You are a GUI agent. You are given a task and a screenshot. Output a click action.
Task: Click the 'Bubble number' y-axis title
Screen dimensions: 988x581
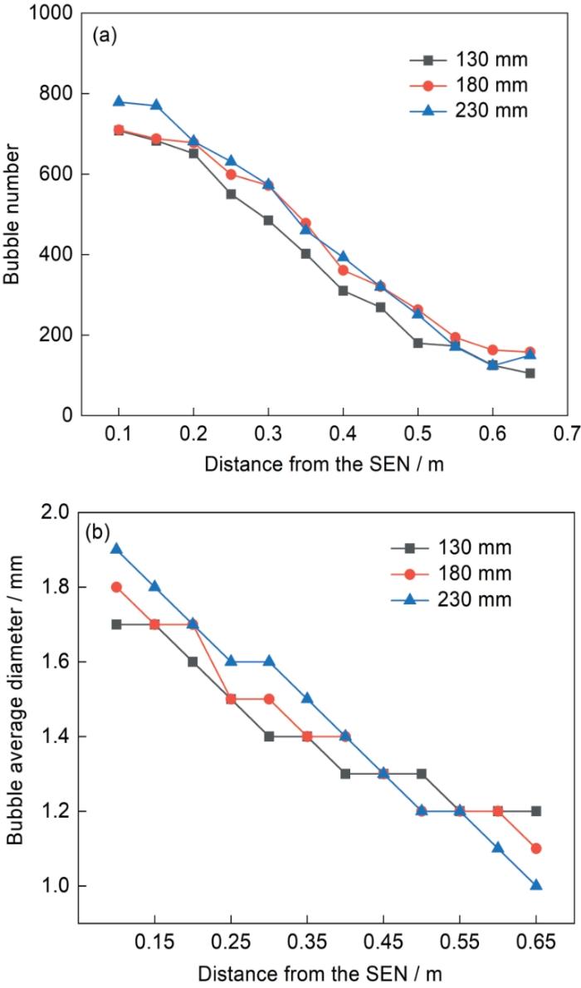click(12, 214)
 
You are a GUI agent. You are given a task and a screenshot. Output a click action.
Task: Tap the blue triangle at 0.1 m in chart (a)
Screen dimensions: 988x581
click(119, 101)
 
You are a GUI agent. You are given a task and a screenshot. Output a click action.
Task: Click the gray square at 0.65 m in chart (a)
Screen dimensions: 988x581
click(530, 374)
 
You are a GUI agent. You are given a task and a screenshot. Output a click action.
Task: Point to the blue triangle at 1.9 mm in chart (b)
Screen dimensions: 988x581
click(117, 549)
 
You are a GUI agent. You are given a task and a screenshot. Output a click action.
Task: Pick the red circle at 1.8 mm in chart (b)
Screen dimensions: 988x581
click(117, 587)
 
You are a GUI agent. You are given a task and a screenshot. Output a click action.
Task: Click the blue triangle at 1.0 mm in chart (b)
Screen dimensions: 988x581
click(536, 885)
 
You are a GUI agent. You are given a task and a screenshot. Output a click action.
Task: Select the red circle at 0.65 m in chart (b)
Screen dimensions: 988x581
click(536, 848)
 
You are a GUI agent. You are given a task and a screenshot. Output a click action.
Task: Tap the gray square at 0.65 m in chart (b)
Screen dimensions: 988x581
click(536, 810)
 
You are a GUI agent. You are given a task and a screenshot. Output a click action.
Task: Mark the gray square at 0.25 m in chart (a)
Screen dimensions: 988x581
click(231, 194)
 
